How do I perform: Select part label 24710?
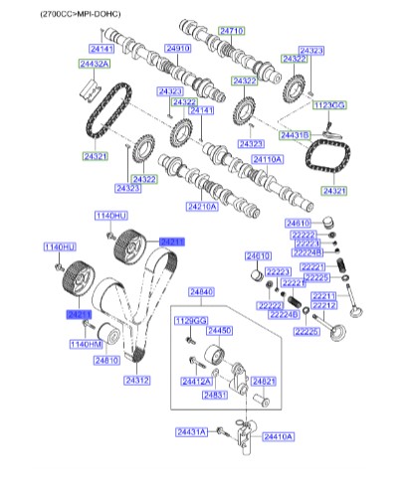tap(230, 32)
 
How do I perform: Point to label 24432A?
tap(95, 64)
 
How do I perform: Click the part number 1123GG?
tap(327, 103)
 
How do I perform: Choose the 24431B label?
tap(295, 133)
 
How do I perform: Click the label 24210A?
tap(201, 207)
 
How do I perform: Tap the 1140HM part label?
tap(86, 344)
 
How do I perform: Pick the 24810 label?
tap(106, 360)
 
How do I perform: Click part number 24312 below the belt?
tap(137, 380)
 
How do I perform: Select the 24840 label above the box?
tap(200, 292)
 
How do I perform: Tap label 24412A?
tap(195, 381)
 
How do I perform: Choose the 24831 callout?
tap(216, 395)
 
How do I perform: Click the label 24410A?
tap(279, 435)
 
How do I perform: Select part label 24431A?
tap(191, 430)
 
